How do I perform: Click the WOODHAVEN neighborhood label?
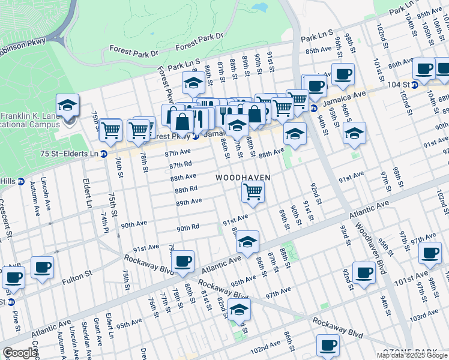(x=243, y=178)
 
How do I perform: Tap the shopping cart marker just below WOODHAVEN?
(x=253, y=192)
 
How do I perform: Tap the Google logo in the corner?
(x=19, y=353)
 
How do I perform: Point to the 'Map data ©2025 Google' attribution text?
(x=412, y=355)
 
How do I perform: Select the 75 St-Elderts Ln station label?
(x=67, y=154)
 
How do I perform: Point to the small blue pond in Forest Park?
(x=260, y=8)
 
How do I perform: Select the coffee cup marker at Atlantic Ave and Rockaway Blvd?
(x=183, y=261)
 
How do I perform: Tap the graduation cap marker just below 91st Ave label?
(x=247, y=241)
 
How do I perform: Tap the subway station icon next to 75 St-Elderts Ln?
(x=103, y=154)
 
